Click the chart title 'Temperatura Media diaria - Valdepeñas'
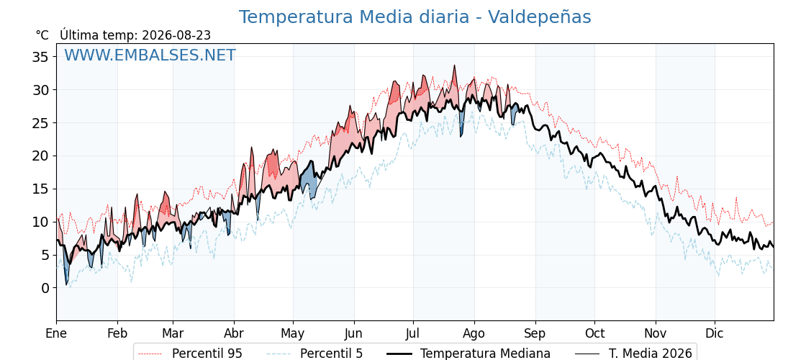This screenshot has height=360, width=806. tap(415, 17)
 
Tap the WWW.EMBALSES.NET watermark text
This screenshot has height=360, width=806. tap(150, 55)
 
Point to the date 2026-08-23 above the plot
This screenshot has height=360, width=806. tap(176, 35)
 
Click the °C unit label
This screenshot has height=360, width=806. tap(42, 35)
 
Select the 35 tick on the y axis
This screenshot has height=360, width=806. tap(40, 57)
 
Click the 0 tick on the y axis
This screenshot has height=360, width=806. tap(45, 288)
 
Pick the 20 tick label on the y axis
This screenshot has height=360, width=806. tap(40, 156)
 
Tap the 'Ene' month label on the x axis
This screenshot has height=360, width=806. tap(57, 334)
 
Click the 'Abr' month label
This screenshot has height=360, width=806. tap(234, 334)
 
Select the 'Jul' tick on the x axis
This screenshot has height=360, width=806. tap(413, 334)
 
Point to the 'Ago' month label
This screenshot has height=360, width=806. tap(474, 334)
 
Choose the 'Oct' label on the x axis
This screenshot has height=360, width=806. tap(594, 334)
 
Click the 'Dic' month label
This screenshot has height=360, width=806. tap(715, 334)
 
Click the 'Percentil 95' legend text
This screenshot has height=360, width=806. tap(207, 354)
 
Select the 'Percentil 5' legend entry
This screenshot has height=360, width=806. tap(332, 354)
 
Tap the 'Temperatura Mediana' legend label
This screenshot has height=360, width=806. tap(485, 354)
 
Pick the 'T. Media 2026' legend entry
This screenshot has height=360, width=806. tap(651, 354)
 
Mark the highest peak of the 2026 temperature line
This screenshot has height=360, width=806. tap(454, 66)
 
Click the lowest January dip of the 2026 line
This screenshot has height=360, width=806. tap(66, 284)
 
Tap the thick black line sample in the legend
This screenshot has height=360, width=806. tap(399, 354)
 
